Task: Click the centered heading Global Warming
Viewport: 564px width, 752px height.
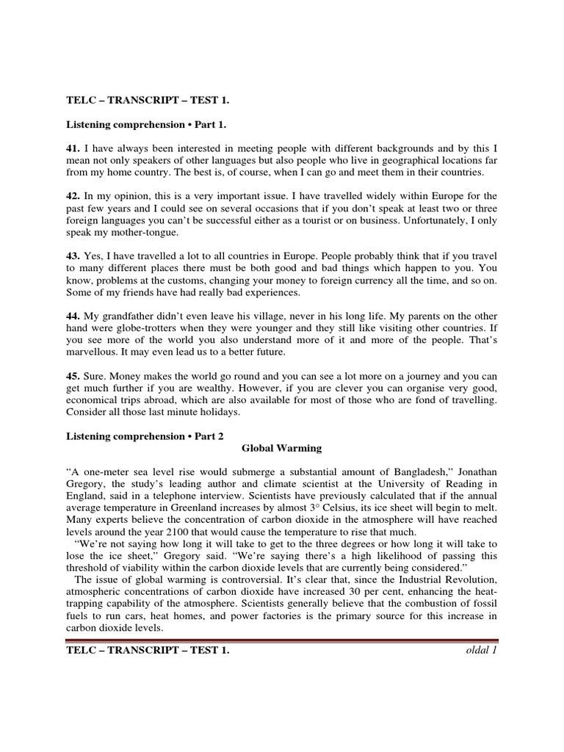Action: tap(282, 448)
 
